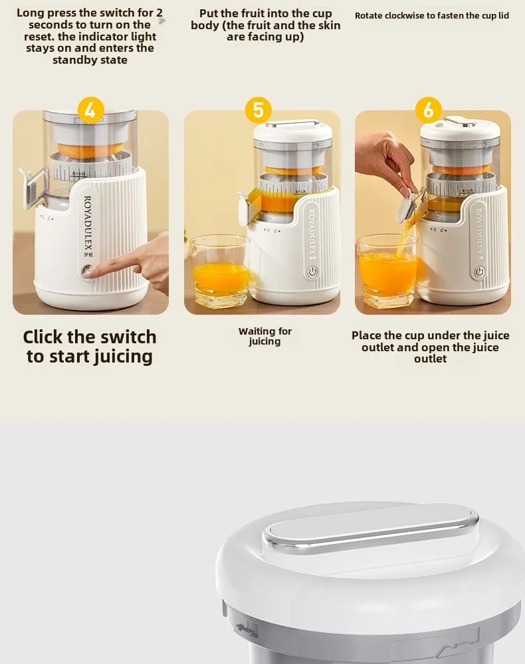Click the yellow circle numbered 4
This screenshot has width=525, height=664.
pos(90,110)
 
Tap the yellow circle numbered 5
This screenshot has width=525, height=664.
pos(259,110)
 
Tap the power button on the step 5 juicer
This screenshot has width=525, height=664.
pos(312,272)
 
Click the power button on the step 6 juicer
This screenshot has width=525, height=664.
pos(479,272)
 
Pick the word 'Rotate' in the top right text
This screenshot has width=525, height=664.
pos(369,15)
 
